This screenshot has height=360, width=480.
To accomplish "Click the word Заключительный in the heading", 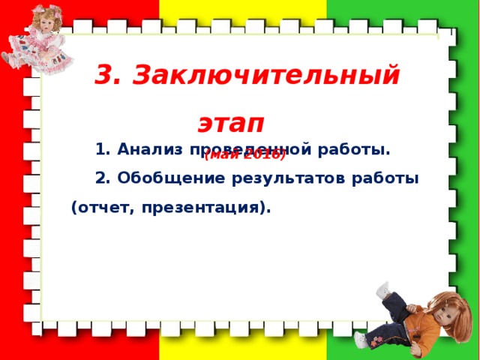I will pos(269,76).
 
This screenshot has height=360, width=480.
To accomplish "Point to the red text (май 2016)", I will pos(244,155).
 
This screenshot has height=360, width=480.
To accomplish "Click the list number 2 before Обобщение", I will pos(103,179).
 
